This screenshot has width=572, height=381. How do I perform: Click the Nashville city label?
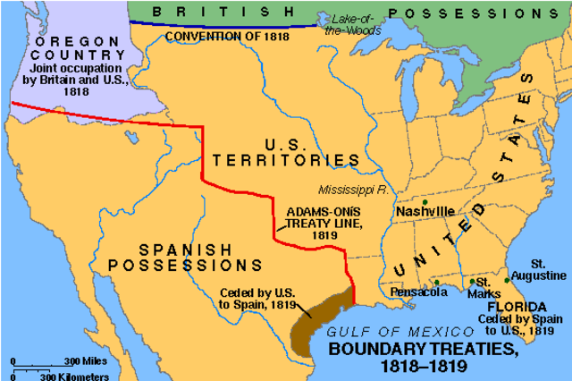click(x=425, y=210)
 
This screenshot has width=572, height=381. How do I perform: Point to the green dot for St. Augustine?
click(x=507, y=280)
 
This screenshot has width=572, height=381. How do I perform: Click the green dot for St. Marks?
click(x=471, y=283)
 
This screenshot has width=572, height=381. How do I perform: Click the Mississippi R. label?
click(x=356, y=190)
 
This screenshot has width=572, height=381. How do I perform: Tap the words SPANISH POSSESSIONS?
click(x=184, y=256)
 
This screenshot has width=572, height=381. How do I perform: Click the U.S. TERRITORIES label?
click(x=286, y=151)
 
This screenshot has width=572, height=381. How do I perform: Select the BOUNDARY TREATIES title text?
click(x=423, y=355)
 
